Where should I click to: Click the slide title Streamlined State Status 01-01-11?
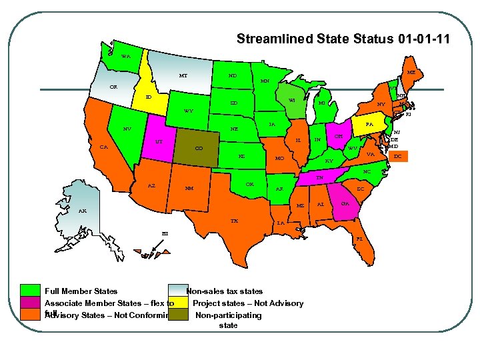pyautogui.click(x=343, y=39)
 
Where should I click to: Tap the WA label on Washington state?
pyautogui.click(x=126, y=55)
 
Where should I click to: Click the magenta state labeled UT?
pyautogui.click(x=159, y=141)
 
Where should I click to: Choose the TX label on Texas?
pyautogui.click(x=234, y=221)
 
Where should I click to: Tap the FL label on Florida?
pyautogui.click(x=359, y=238)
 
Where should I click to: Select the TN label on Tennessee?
pyautogui.click(x=320, y=178)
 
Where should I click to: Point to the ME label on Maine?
pyautogui.click(x=411, y=72)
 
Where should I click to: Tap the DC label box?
pyautogui.click(x=398, y=157)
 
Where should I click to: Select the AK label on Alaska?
pyautogui.click(x=82, y=211)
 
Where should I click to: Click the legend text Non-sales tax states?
pyautogui.click(x=225, y=291)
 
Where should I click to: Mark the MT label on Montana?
pyautogui.click(x=183, y=76)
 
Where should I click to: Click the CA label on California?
pyautogui.click(x=104, y=147)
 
